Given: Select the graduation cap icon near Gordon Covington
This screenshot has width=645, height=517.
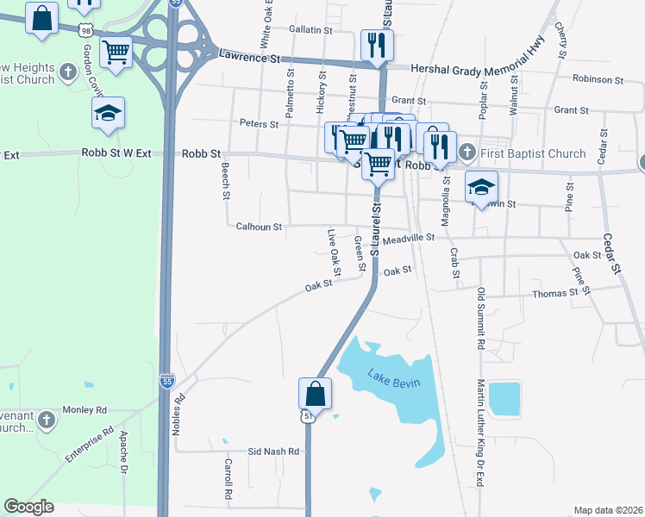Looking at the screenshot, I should (x=109, y=114).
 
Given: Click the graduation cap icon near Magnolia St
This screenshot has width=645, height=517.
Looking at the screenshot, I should (x=482, y=187).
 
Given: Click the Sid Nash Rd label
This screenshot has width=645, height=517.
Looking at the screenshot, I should (x=273, y=452).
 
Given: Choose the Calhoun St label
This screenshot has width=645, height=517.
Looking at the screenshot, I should (x=260, y=227).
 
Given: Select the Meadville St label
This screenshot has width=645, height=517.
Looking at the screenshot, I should (x=409, y=238).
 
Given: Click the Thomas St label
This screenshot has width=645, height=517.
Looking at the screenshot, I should (x=555, y=294).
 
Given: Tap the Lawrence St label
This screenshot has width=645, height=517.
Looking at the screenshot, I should (x=250, y=59).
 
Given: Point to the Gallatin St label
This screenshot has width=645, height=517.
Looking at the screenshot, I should (x=310, y=29).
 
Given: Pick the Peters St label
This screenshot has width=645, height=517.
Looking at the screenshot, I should (x=260, y=124).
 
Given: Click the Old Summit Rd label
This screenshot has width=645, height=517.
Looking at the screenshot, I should (x=481, y=319).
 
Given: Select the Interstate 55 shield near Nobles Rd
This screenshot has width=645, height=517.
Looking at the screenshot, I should (x=166, y=380).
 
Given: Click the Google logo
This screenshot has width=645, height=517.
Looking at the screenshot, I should (x=28, y=507).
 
